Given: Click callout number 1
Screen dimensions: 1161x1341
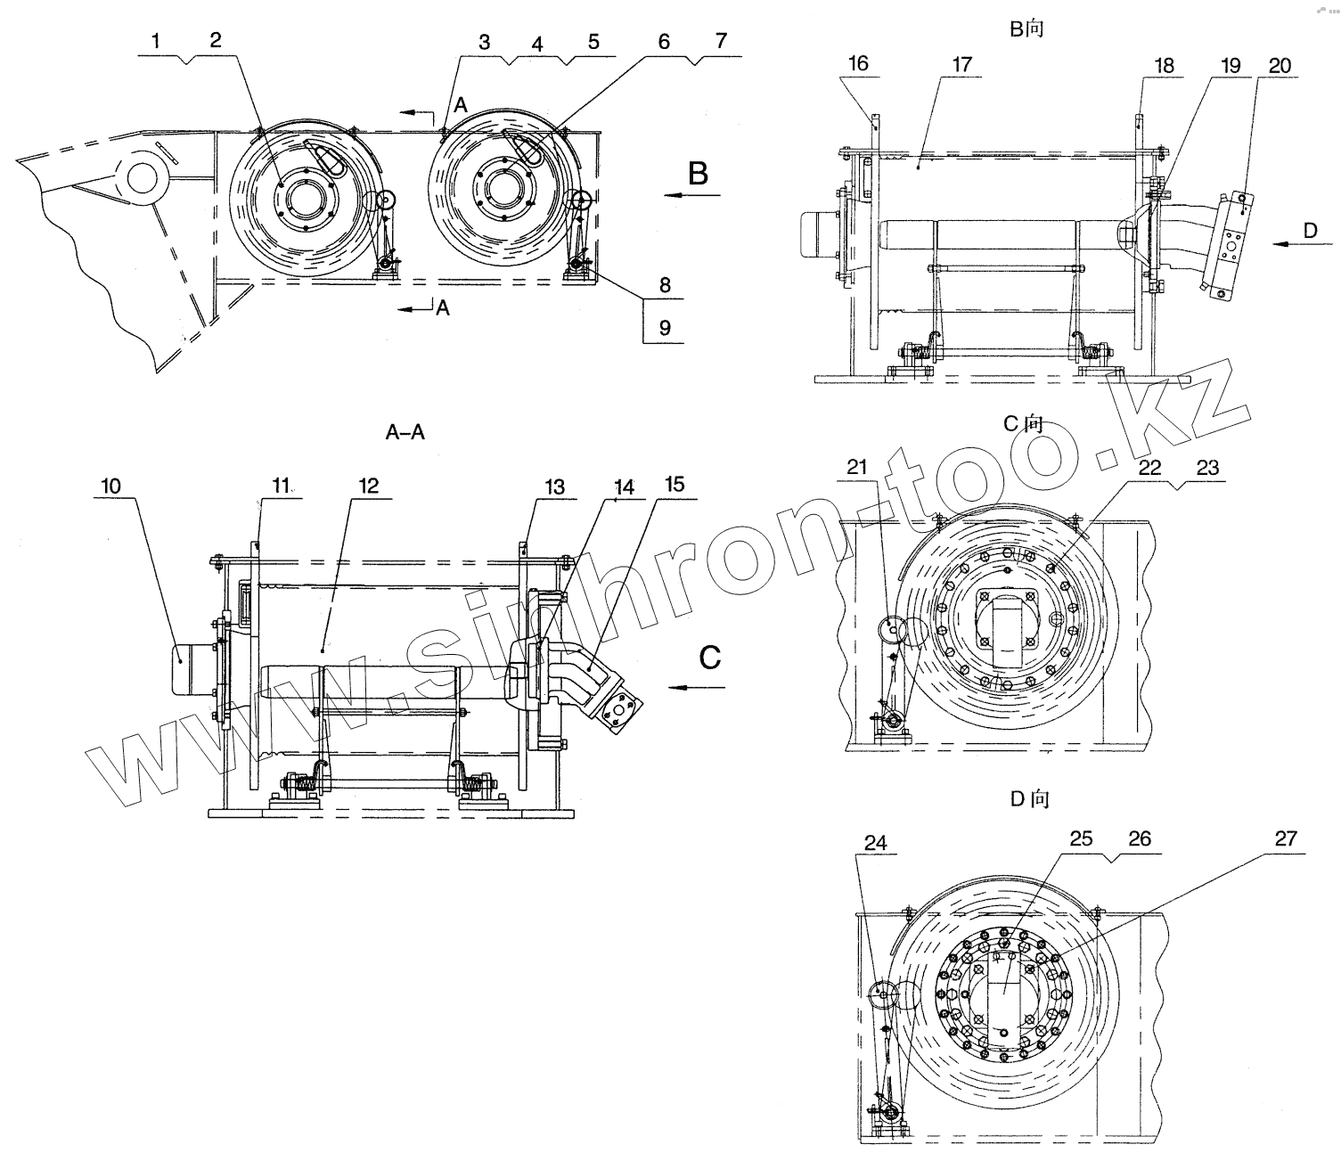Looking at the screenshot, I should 156,41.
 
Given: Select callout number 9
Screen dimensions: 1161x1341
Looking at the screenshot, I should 665,328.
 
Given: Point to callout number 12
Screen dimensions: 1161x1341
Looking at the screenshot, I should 368,486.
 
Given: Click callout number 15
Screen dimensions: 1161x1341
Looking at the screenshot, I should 675,484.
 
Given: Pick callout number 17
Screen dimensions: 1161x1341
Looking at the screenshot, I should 961,64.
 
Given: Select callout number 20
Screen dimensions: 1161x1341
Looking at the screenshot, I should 1279,65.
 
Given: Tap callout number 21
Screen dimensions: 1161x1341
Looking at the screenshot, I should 856,468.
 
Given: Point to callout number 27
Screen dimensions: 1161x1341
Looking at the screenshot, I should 1286,838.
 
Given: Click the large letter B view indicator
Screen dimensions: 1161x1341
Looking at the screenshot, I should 698,173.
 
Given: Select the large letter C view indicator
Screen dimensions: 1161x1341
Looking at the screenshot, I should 709,658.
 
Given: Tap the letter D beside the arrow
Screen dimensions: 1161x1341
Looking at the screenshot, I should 1310,230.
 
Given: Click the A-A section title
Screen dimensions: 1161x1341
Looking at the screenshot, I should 405,433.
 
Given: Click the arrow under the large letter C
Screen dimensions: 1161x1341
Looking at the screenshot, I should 699,687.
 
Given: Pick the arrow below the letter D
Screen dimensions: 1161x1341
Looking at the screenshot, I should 1303,243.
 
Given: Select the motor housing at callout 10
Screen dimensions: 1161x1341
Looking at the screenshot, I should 189,668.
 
